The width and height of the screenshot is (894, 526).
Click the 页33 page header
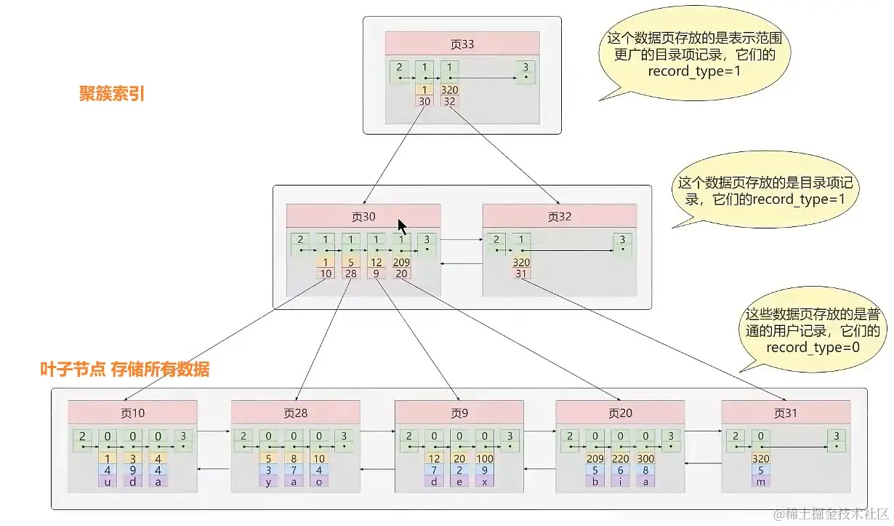[x=462, y=44]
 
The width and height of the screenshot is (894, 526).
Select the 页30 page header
[x=363, y=215]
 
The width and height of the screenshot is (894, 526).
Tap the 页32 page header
[x=559, y=215]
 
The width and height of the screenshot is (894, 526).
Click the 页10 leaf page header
[x=132, y=413]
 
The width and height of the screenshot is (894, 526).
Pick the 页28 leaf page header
[x=295, y=413]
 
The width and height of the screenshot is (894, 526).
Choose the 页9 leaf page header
[x=459, y=413]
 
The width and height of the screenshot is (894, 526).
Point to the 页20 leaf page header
[x=620, y=413]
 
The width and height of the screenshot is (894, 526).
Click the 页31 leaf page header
[x=785, y=413]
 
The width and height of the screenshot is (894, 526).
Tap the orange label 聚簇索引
[x=111, y=94]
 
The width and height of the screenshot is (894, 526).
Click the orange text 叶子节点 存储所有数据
[x=124, y=370]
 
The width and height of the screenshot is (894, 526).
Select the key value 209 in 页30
[x=401, y=262]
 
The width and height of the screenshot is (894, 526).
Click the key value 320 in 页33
[x=449, y=90]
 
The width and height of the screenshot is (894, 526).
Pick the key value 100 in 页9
[x=485, y=458]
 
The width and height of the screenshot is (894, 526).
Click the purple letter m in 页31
[x=760, y=481]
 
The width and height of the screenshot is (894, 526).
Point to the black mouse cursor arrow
[x=402, y=225]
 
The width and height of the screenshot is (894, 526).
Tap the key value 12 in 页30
[x=376, y=262]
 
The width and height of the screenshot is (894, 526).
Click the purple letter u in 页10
[x=108, y=481]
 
